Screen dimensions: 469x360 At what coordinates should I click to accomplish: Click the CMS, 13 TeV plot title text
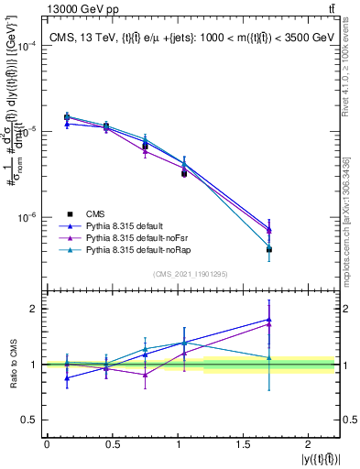pos(191,38)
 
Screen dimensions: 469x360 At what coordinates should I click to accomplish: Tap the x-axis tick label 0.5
pos(114,443)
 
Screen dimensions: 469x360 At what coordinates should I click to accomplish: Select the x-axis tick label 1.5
pos(246,443)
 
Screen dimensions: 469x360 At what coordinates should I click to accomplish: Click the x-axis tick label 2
pos(313,443)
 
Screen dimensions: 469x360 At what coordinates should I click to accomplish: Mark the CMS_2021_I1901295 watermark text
pos(191,274)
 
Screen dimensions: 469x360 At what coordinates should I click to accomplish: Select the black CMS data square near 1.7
pos(269,249)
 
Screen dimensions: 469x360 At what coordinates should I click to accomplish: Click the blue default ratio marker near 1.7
pos(269,320)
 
